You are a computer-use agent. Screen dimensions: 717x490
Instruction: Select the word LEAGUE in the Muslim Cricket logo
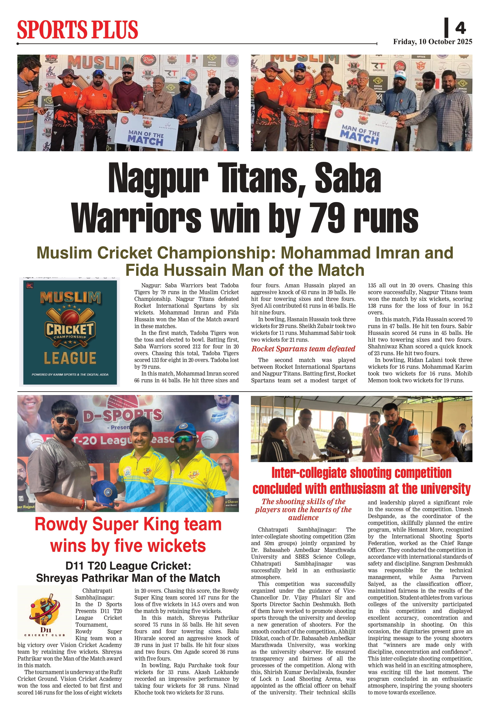[70, 358]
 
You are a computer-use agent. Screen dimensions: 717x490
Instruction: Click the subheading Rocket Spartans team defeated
[303, 349]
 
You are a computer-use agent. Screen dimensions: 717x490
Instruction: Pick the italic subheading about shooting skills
[303, 509]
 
